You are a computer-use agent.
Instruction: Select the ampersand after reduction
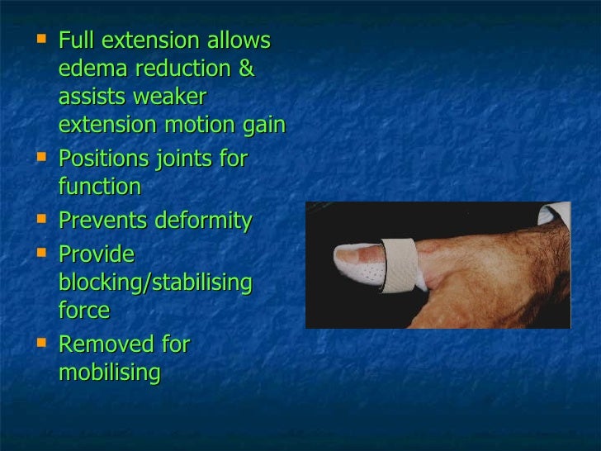[x=246, y=69]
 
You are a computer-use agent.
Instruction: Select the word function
[x=100, y=187]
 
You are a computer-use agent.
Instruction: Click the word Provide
[x=96, y=254]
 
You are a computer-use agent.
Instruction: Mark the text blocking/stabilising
[x=155, y=283]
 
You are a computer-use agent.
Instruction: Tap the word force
[x=83, y=311]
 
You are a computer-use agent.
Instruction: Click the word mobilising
[x=109, y=373]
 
